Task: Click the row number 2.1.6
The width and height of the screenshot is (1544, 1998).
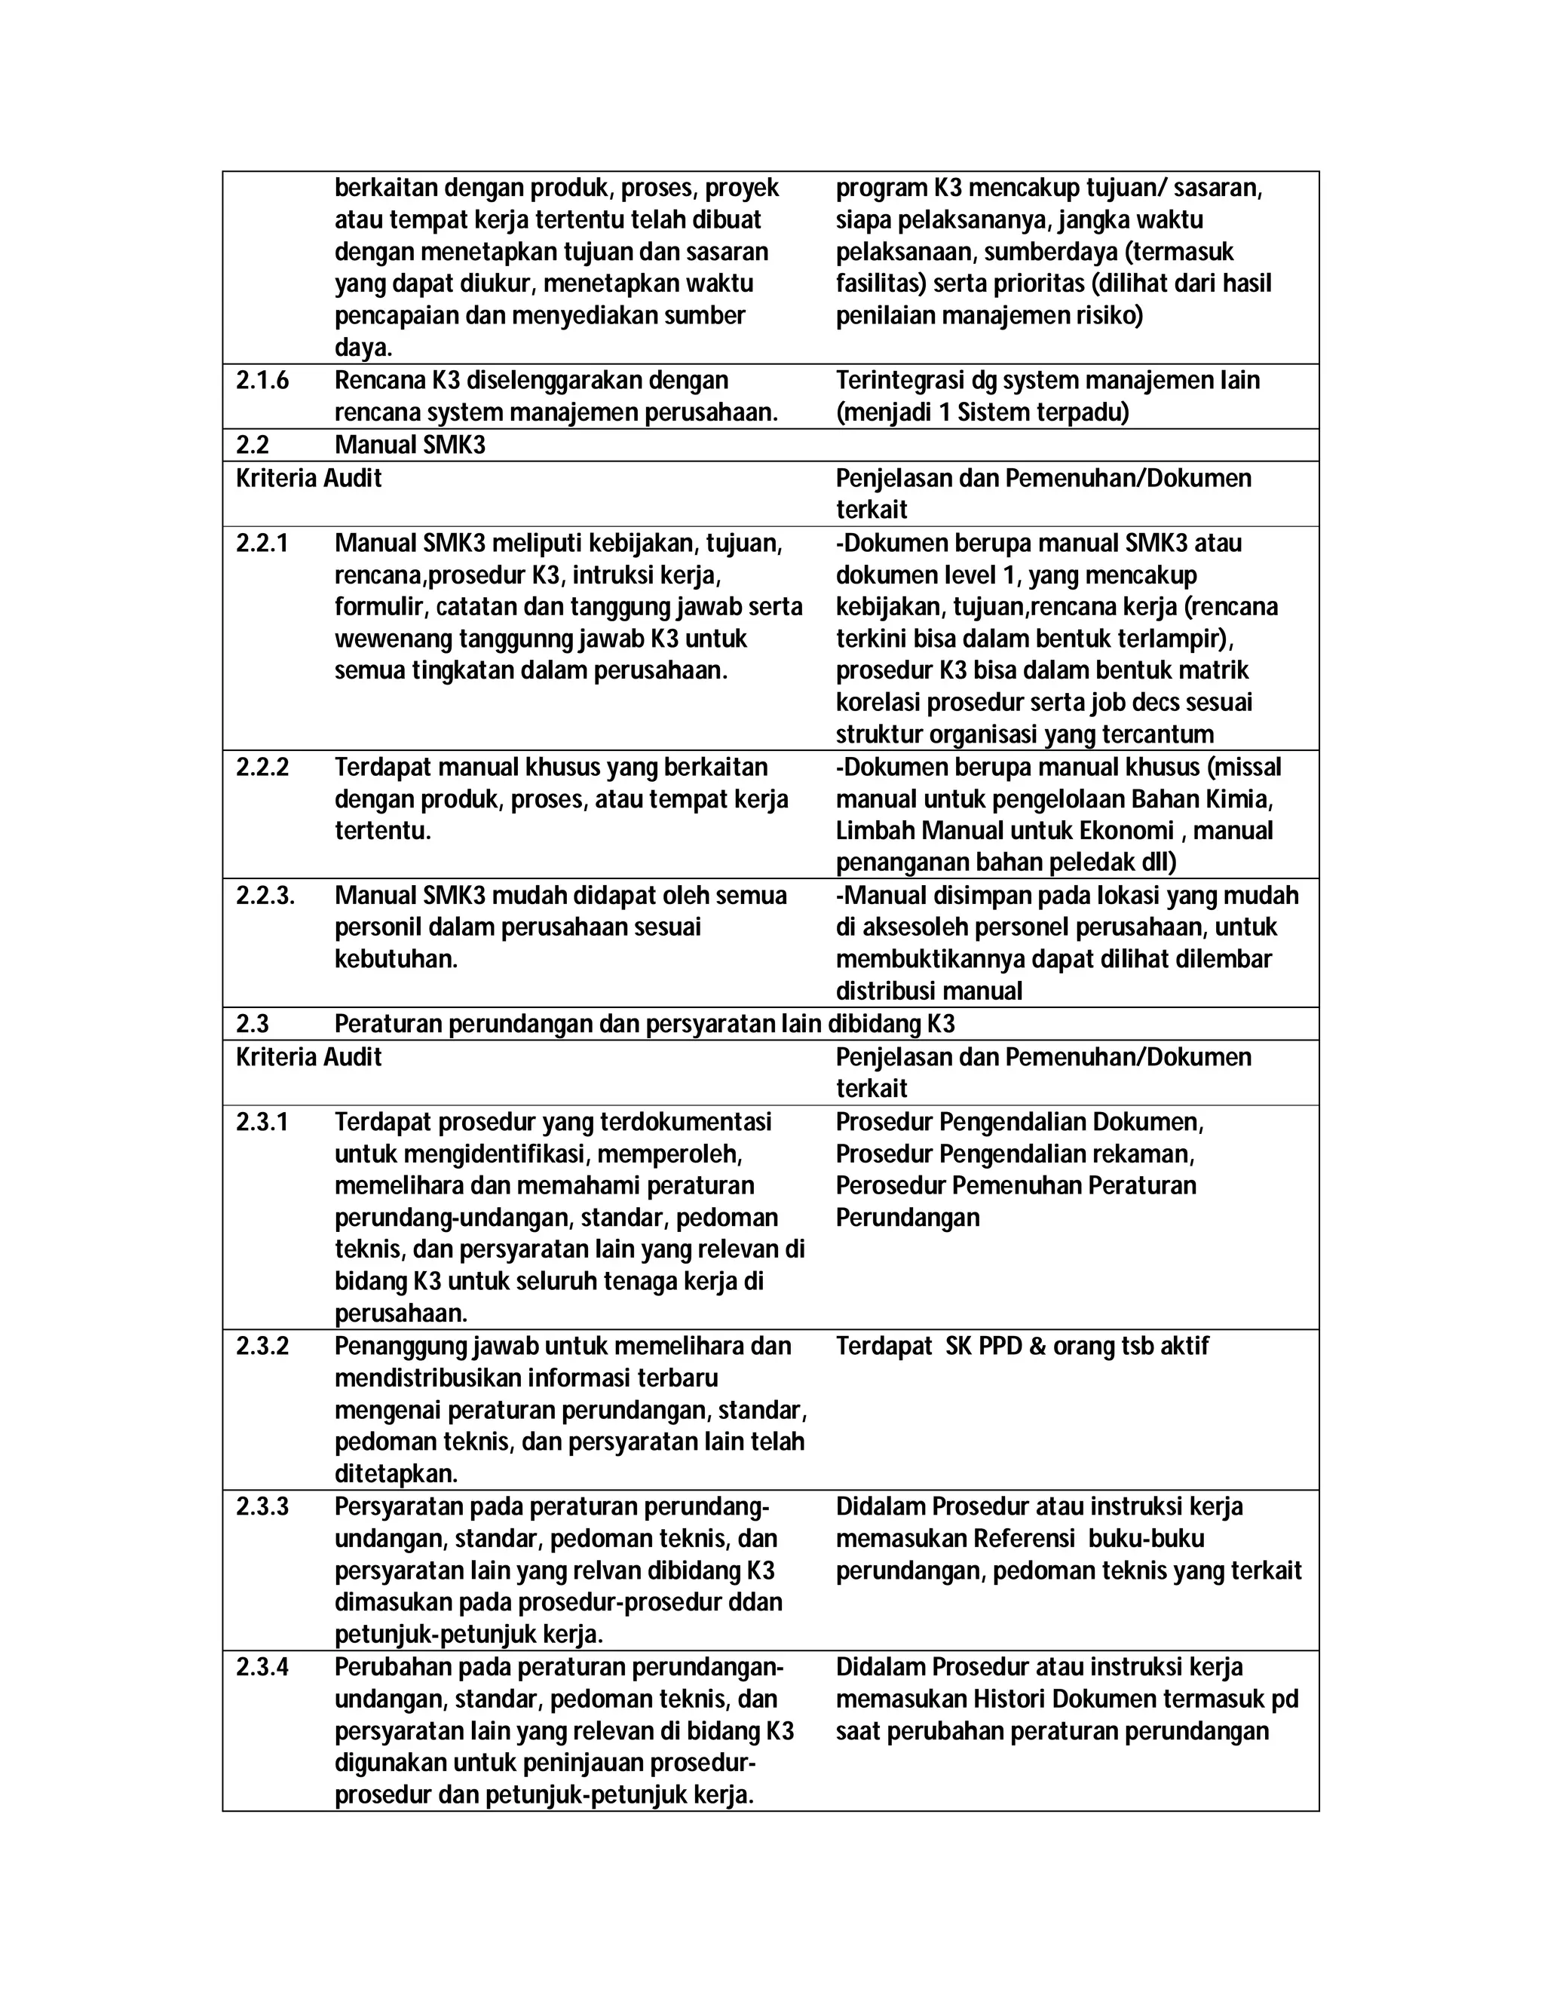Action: (x=262, y=381)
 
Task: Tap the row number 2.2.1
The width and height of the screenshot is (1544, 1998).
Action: (x=262, y=544)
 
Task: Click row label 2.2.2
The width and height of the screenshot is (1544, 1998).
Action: (x=262, y=768)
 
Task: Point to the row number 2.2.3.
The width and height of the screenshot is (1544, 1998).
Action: (x=265, y=896)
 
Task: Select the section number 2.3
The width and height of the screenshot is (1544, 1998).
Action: (x=252, y=1024)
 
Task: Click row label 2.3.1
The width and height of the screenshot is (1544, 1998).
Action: (x=262, y=1123)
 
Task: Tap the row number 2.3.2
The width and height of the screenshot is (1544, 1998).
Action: (x=262, y=1347)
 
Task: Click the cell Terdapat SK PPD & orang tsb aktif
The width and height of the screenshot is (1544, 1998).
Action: (x=1022, y=1347)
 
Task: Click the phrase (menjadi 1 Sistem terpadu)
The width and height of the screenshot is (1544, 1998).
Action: (x=982, y=412)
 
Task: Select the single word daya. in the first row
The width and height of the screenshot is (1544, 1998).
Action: (x=363, y=348)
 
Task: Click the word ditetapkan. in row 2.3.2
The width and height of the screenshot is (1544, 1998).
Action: (x=396, y=1475)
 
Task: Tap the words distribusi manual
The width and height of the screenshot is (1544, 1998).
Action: (x=928, y=991)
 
